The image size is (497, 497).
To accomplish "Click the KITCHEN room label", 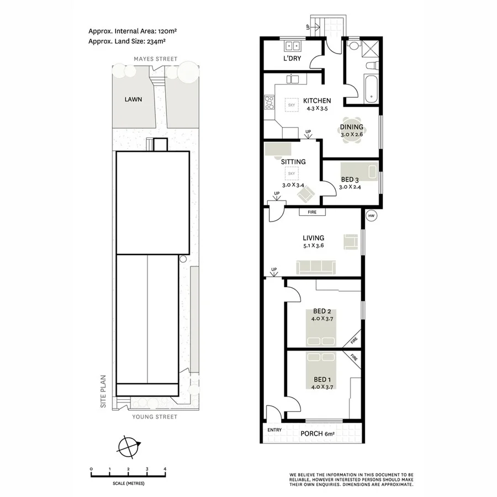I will point(317,101).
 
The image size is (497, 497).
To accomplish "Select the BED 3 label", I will point(350,179).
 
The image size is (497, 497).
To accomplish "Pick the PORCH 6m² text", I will point(318,434).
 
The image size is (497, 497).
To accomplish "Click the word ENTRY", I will point(274,430).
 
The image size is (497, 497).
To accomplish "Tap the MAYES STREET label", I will point(156,59).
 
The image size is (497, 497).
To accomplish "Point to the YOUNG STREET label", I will point(155,417).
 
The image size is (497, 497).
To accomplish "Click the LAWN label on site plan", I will point(133,100).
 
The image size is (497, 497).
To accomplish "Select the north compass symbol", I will point(129,446).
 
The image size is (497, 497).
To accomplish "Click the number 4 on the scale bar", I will point(165,469).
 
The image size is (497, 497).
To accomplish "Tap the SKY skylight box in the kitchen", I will point(292,104).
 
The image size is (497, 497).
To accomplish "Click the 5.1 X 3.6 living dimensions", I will point(313,246).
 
